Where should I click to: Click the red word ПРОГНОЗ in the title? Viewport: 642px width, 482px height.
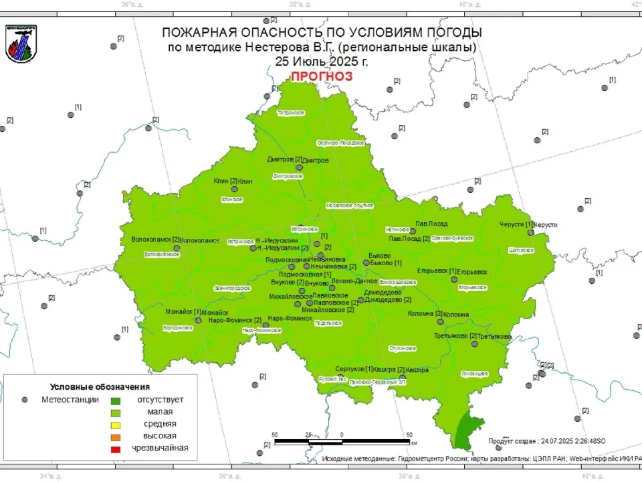[x=321, y=76]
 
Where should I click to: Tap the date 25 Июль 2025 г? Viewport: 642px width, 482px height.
[x=321, y=61]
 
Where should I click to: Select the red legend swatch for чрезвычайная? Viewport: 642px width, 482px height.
[x=115, y=449]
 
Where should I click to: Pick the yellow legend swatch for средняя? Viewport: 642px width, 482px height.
[x=115, y=424]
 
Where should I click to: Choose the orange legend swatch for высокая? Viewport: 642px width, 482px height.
[x=115, y=436]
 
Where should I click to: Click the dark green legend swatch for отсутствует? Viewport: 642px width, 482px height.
[x=115, y=400]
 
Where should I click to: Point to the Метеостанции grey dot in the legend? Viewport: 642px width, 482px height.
[x=25, y=400]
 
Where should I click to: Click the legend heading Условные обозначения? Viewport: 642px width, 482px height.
[x=100, y=387]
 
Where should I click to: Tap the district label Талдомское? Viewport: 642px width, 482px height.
[x=291, y=112]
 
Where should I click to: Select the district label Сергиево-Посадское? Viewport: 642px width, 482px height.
[x=340, y=143]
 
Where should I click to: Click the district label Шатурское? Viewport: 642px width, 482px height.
[x=521, y=250]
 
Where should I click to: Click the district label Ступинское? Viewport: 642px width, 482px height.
[x=403, y=348]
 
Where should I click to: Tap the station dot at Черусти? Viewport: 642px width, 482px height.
[x=530, y=232]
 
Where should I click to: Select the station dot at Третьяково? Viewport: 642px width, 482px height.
[x=474, y=344]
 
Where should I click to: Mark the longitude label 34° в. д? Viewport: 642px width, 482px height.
[x=51, y=476]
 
